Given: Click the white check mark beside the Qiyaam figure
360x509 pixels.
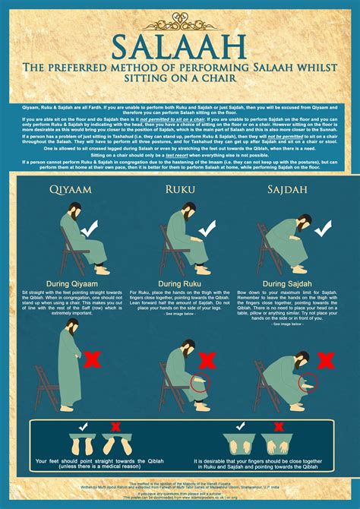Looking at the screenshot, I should [89, 228].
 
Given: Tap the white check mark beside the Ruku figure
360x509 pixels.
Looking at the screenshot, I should [206, 228].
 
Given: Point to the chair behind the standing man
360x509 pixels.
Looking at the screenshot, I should [47, 387].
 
